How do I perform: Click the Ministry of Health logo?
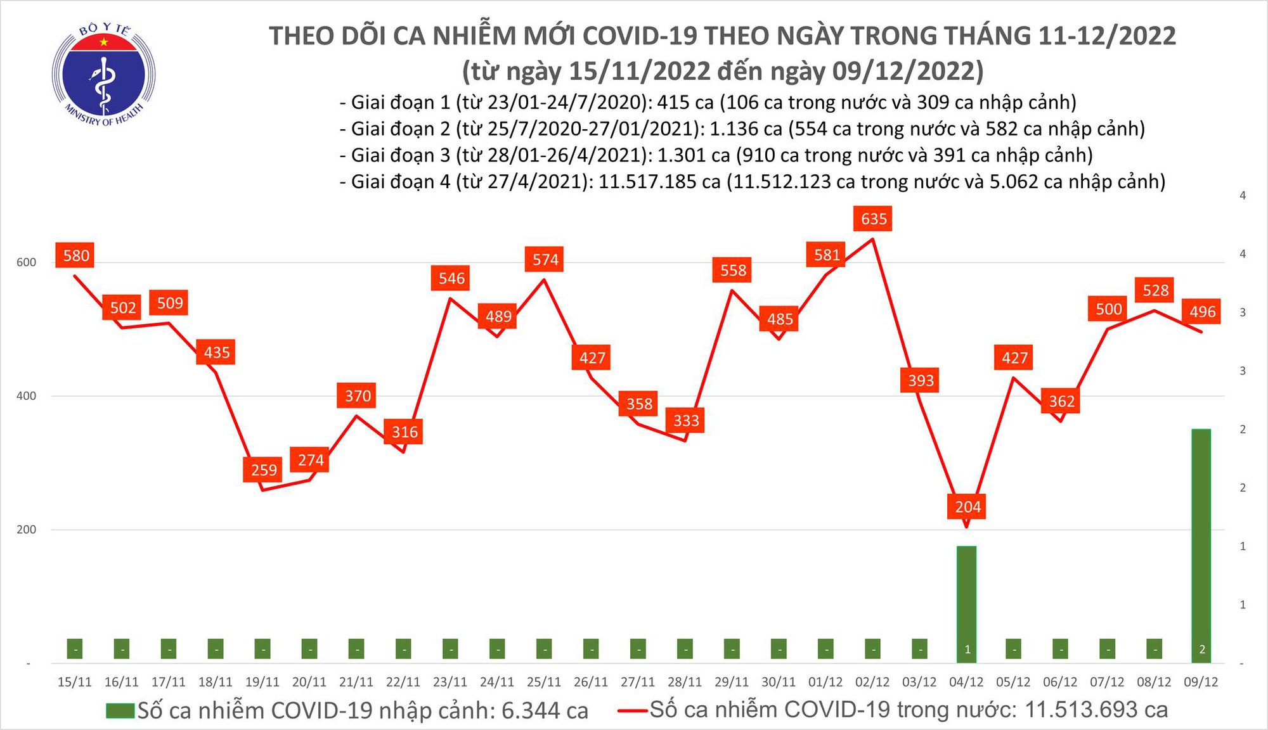pos(103,75)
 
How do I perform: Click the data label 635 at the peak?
pos(874,219)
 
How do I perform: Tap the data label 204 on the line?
pos(967,506)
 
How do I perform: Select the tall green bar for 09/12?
pos(1201,545)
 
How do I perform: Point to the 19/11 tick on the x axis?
pos(262,682)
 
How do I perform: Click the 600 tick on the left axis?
pos(26,262)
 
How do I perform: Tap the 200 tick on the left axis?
pos(26,530)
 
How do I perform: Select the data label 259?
pos(264,470)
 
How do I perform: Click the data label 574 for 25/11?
pos(545,259)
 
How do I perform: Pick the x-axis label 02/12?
pos(872,682)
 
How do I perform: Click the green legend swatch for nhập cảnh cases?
pos(120,710)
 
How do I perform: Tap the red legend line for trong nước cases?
pos(633,710)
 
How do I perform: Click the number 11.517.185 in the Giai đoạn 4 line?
pos(659,182)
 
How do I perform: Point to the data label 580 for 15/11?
pos(76,255)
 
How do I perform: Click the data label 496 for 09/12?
pos(1202,311)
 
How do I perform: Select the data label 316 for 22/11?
pos(404,432)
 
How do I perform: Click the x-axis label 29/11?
pos(732,682)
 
